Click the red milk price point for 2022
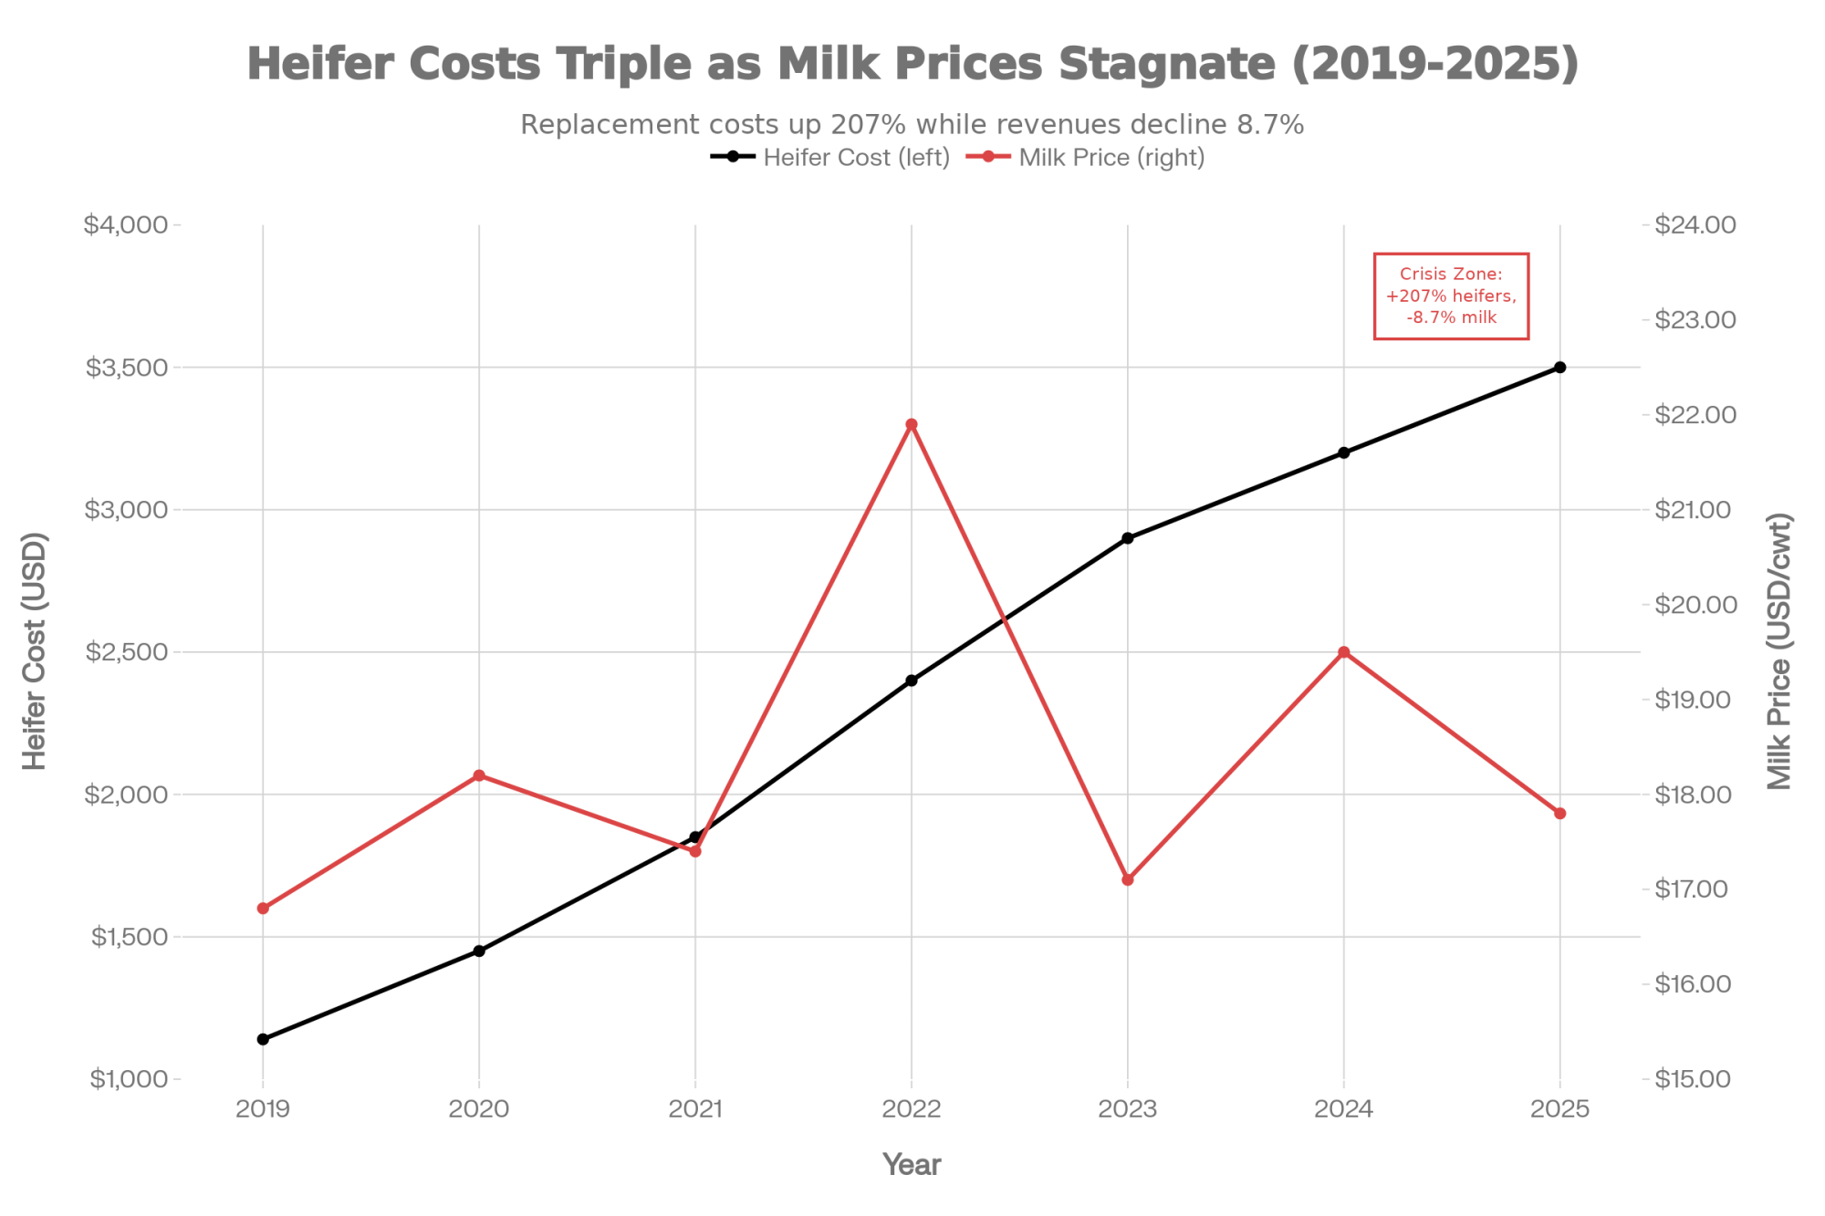[x=912, y=424]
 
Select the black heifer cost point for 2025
[x=1560, y=368]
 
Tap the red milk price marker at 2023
[x=1128, y=879]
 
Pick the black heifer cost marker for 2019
[x=263, y=1039]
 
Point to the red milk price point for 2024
[x=1344, y=652]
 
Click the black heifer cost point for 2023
[x=1128, y=538]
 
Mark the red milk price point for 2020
[x=479, y=775]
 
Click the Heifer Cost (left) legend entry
[x=830, y=158]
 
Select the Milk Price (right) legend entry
[x=1086, y=158]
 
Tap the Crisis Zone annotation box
[x=1451, y=296]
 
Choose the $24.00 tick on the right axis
[x=1695, y=225]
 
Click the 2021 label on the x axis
[x=695, y=1109]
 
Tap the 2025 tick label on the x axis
[x=1560, y=1109]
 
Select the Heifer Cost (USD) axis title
[x=34, y=651]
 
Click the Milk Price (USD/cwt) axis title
[x=1780, y=651]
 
